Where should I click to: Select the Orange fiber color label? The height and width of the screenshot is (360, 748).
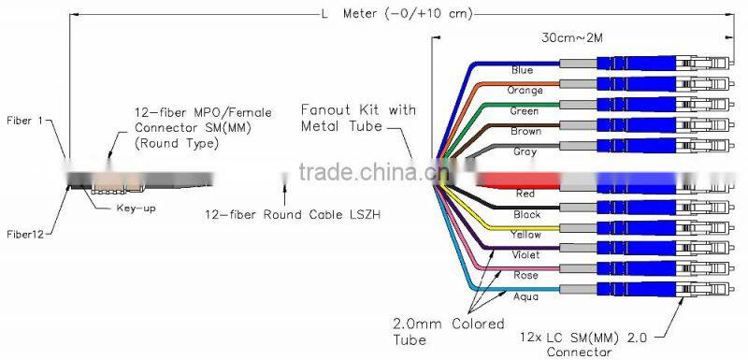(x=525, y=91)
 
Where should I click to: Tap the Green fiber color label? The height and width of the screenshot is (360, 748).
(x=525, y=111)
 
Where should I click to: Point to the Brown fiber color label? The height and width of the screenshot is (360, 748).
(x=525, y=132)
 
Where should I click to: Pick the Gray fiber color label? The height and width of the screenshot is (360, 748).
(x=525, y=152)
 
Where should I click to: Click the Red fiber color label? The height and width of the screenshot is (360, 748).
(x=525, y=194)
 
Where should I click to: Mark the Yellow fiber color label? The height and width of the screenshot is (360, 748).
(x=525, y=235)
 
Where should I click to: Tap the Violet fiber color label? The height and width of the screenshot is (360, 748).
(x=525, y=254)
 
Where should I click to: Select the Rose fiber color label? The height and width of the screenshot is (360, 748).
(x=525, y=275)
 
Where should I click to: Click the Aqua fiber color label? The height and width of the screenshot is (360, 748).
(x=525, y=295)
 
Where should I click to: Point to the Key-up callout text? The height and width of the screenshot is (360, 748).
(x=135, y=209)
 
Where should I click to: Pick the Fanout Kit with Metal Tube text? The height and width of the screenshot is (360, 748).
(x=357, y=119)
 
